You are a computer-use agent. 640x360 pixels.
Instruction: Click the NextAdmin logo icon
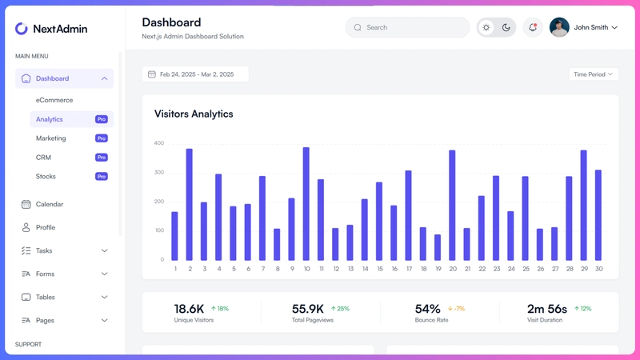[x=22, y=29]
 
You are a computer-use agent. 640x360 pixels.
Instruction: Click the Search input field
[x=407, y=27]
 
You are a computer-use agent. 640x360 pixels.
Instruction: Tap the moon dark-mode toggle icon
[x=506, y=27]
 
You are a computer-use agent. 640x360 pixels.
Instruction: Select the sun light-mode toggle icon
[x=486, y=27]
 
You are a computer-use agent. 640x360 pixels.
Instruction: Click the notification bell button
[x=532, y=27]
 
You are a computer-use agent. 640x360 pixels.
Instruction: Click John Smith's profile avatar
[x=559, y=27]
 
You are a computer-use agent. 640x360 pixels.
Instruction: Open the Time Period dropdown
[x=594, y=74]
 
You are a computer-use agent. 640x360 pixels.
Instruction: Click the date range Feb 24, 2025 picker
[x=195, y=74]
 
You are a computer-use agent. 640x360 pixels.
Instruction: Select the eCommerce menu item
[x=54, y=100]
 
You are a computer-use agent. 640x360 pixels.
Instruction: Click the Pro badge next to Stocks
[x=102, y=176]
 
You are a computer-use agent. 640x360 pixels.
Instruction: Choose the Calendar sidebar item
[x=49, y=204]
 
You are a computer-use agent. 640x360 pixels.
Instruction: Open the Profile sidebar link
[x=45, y=227]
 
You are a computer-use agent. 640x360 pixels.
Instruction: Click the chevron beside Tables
[x=105, y=297]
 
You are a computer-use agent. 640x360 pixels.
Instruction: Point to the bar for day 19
[x=438, y=247]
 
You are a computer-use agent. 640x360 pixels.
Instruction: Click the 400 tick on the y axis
[x=158, y=143]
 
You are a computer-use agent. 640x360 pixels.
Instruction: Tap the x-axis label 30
[x=598, y=269]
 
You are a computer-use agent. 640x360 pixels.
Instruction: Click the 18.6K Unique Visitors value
[x=190, y=309]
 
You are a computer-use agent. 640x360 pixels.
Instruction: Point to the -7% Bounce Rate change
[x=457, y=308]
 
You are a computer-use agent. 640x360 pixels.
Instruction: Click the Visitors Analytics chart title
[x=194, y=114]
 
